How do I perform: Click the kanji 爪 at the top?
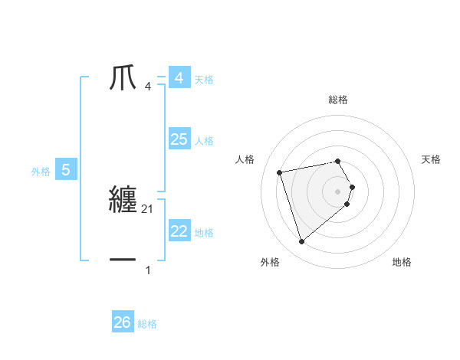coord(123,77)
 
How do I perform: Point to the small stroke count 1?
coord(148,270)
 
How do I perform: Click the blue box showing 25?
coord(179,139)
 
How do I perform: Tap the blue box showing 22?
coord(179,231)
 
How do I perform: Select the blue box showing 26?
coord(122,322)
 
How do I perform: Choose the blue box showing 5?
coord(66,170)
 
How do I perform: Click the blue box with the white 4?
coord(179,78)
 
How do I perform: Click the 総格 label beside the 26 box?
coord(147,324)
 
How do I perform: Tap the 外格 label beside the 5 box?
coord(41,172)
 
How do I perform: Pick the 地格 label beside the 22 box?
coord(204,233)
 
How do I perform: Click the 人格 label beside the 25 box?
coord(204,141)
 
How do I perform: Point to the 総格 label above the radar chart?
coord(338,100)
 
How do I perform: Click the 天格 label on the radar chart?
coord(431,159)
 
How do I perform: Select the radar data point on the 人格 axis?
coord(280,172)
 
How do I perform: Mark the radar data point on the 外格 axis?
coord(301,241)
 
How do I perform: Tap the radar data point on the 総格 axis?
coord(338,162)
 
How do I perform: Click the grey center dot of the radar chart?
coord(338,191)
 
